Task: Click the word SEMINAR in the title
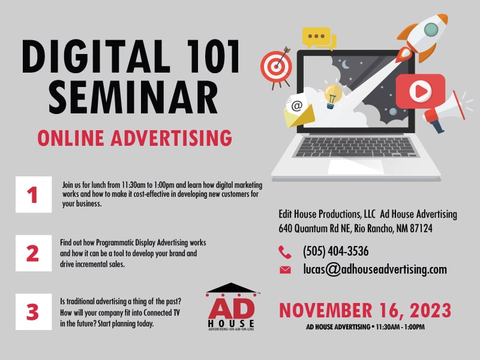pyautogui.click(x=133, y=98)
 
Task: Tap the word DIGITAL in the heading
pyautogui.click(x=96, y=56)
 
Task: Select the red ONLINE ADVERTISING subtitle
pyautogui.click(x=134, y=138)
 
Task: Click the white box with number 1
pyautogui.click(x=34, y=194)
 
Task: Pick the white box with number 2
pyautogui.click(x=34, y=253)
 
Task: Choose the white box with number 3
pyautogui.click(x=34, y=311)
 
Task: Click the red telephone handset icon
pyautogui.click(x=284, y=252)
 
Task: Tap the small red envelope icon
pyautogui.click(x=285, y=269)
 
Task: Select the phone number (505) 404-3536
pyautogui.click(x=336, y=251)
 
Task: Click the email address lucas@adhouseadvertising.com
pyautogui.click(x=375, y=269)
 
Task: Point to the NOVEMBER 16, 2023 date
pyautogui.click(x=365, y=310)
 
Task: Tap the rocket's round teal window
pyautogui.click(x=431, y=29)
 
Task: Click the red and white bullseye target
pyautogui.click(x=276, y=67)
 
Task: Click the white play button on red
pyautogui.click(x=421, y=91)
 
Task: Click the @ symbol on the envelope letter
pyautogui.click(x=296, y=106)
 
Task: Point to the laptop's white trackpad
pyautogui.click(x=356, y=167)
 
